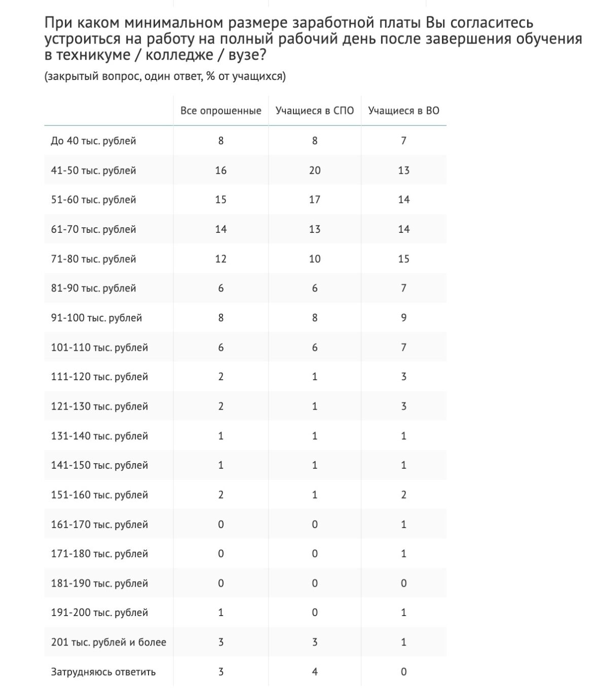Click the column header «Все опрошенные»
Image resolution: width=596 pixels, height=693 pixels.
[x=221, y=111]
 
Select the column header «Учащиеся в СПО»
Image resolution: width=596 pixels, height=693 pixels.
[x=315, y=111]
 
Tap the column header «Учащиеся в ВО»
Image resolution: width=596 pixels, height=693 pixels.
[x=403, y=111]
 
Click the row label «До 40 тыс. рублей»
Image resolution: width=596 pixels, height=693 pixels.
[x=93, y=141]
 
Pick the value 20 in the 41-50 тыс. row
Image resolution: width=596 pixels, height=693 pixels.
[x=315, y=170]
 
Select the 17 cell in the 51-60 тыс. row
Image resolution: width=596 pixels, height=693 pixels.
[x=315, y=199]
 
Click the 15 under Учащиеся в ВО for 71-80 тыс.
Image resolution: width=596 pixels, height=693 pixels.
[x=403, y=259]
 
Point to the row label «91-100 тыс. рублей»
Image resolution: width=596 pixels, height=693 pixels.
[x=96, y=318]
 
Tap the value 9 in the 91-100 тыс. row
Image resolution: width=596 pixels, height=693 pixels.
[x=403, y=318]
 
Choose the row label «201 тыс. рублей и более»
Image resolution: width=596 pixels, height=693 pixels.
[x=108, y=642]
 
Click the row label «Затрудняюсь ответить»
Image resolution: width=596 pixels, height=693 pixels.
[x=103, y=672]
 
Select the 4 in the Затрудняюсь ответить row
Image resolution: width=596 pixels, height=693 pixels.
[x=315, y=672]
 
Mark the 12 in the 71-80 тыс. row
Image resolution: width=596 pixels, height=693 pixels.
[x=221, y=259]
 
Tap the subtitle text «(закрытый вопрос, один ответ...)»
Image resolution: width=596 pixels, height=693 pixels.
[x=165, y=76]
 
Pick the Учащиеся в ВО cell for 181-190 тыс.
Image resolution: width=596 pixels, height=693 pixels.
[x=403, y=583]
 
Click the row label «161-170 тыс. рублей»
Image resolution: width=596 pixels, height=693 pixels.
[x=99, y=524]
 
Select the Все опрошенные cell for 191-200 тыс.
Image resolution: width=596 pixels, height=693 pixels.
[x=221, y=613]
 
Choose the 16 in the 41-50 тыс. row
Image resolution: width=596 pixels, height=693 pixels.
[x=221, y=170]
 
